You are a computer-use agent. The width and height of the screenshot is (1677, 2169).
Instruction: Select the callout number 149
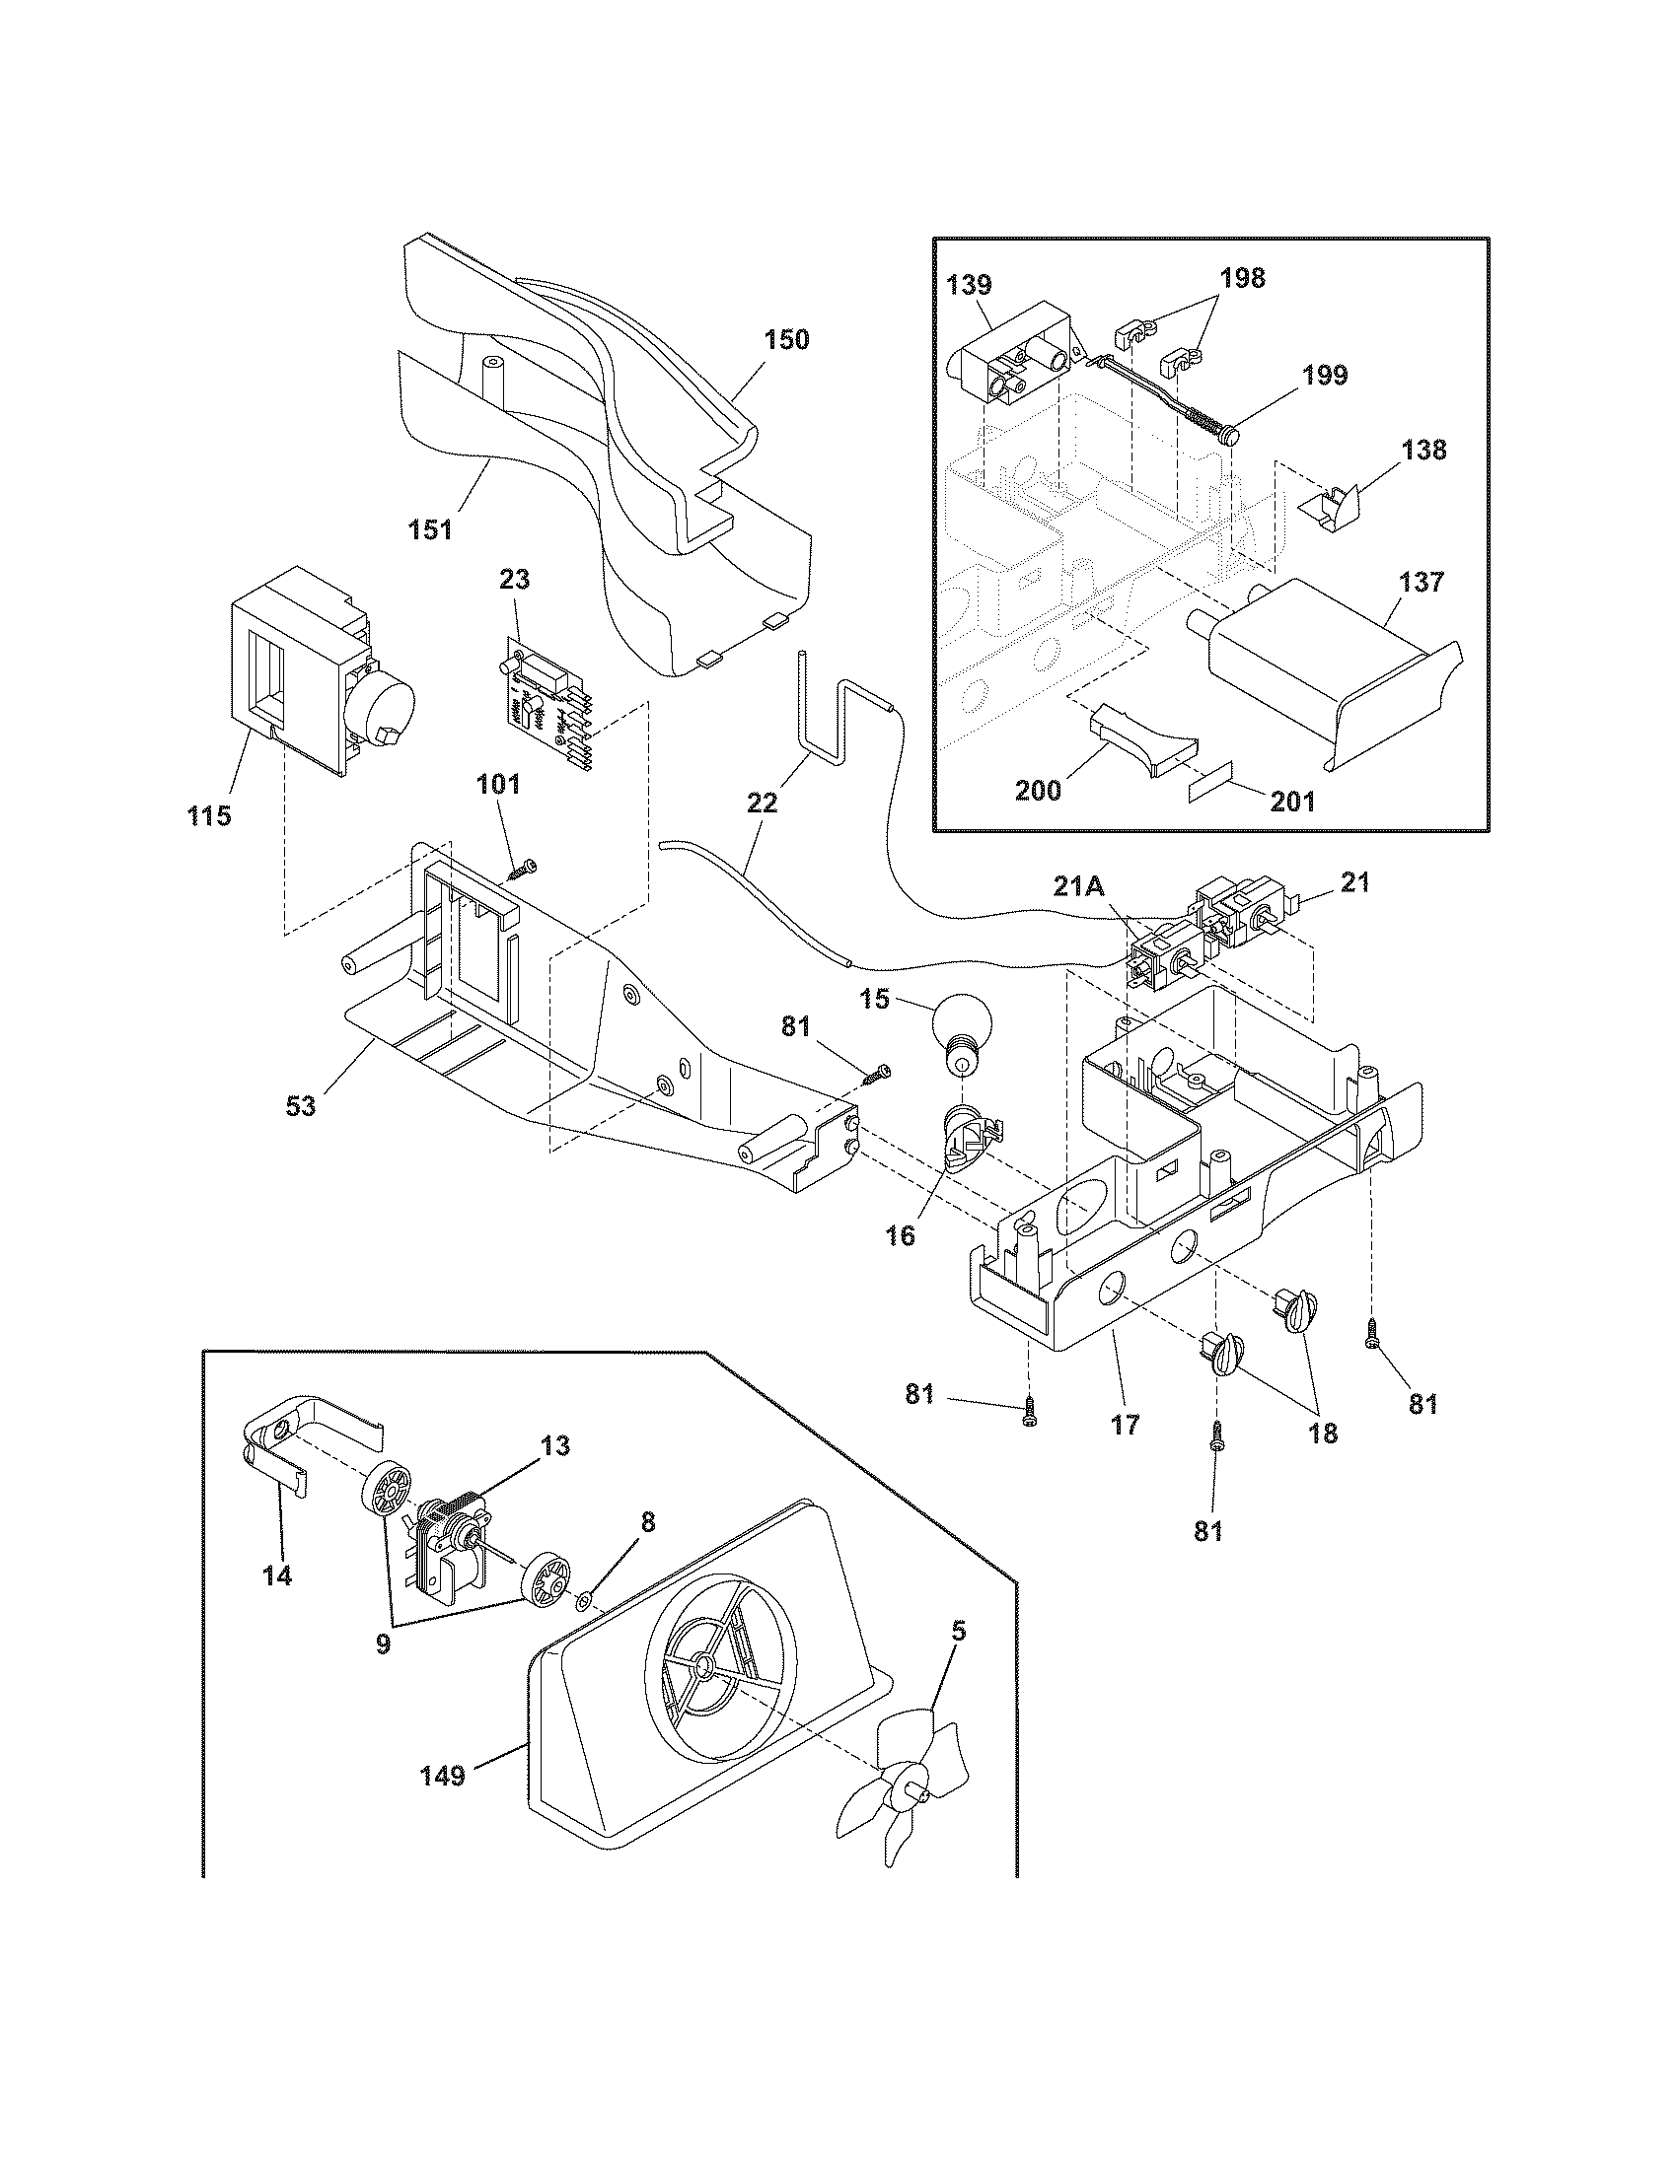443,1775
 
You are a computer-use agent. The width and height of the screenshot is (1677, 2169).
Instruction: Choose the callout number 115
208,816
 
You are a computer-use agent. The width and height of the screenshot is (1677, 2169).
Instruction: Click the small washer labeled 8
585,1599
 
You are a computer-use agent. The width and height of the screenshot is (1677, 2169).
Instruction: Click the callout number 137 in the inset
1422,581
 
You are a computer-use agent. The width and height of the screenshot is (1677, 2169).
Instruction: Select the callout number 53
301,1133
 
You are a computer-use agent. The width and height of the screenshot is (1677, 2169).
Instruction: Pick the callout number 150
787,340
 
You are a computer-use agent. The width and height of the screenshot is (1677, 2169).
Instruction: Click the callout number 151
429,529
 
